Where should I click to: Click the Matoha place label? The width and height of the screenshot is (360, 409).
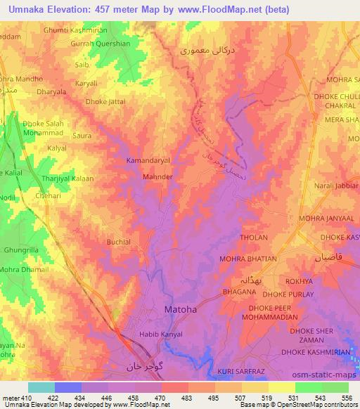pos(180,309)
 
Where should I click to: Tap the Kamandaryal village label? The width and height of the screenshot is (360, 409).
pos(148,161)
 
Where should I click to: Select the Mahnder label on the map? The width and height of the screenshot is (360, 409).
pos(158,177)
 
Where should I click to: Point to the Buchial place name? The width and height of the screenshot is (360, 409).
pos(118,242)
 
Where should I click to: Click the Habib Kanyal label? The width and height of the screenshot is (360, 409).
pos(161,334)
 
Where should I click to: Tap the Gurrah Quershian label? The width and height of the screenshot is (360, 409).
pos(101,43)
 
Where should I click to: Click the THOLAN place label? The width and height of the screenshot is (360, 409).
pos(254,238)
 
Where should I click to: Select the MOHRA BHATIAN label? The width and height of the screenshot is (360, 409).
pos(247,259)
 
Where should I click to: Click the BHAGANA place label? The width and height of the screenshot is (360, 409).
pos(239,291)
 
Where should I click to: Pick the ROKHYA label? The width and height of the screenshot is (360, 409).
pos(309,281)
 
